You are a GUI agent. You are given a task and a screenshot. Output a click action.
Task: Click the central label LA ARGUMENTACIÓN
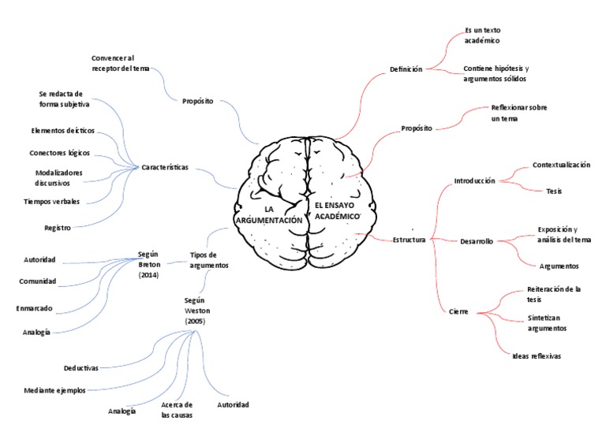(269, 215)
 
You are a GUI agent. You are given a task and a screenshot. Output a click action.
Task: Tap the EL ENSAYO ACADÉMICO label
(337, 210)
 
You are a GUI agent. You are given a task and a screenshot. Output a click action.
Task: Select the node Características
(165, 167)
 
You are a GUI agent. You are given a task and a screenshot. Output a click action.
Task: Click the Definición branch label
(406, 69)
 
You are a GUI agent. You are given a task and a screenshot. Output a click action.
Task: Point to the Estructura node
(409, 240)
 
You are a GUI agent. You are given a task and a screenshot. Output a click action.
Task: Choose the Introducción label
(474, 181)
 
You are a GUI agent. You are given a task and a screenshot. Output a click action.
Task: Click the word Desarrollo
(477, 241)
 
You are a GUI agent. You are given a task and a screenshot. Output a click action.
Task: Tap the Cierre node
(458, 311)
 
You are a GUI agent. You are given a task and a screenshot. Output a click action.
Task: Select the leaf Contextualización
(561, 165)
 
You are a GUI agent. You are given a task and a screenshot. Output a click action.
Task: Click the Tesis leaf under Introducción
(554, 191)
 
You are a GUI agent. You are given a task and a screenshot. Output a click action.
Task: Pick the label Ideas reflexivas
(537, 355)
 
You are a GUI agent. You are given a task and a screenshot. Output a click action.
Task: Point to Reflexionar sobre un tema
(519, 113)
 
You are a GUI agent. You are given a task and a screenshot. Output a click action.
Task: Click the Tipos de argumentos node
(208, 260)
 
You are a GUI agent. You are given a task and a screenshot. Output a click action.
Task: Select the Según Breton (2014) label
(149, 264)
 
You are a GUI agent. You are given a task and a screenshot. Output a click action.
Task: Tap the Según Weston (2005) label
(197, 311)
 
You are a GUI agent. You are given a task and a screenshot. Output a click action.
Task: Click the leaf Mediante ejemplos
(54, 390)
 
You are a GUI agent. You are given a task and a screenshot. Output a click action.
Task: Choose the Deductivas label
(81, 368)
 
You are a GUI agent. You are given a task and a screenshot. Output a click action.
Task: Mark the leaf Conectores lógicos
(59, 153)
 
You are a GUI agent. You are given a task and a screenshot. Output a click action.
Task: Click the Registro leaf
(58, 228)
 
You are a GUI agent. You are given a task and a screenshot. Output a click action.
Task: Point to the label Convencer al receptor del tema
(120, 63)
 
